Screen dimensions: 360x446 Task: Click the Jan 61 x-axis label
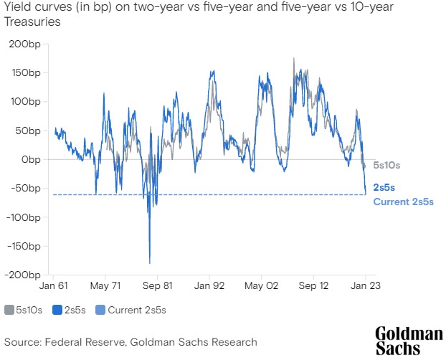(54, 285)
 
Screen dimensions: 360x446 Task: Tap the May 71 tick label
(105, 285)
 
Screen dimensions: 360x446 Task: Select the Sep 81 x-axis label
(157, 285)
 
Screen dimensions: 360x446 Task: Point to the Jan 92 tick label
(209, 285)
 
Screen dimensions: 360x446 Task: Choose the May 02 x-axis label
(261, 285)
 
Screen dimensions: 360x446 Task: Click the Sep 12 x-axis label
(313, 285)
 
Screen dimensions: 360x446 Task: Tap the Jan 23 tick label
(365, 285)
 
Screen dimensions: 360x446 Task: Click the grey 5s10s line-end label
(387, 166)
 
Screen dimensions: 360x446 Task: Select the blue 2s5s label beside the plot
(384, 187)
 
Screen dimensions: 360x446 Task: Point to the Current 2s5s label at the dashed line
(404, 202)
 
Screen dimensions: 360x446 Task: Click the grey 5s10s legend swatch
(9, 310)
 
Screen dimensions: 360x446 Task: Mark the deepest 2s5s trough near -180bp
(150, 262)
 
